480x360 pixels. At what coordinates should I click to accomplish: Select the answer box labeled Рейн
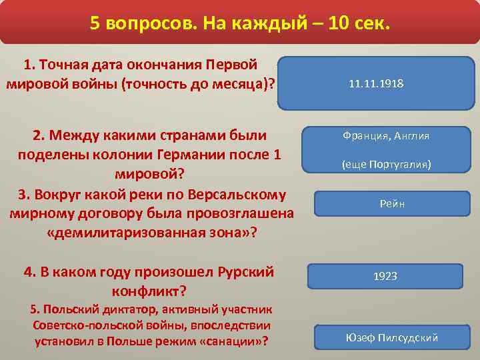(x=388, y=203)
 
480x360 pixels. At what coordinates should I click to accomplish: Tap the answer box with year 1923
(x=386, y=276)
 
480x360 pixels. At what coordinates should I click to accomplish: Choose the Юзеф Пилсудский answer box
(x=391, y=337)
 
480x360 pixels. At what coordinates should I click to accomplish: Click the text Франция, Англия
(x=386, y=136)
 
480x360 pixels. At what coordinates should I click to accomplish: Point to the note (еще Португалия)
(x=386, y=164)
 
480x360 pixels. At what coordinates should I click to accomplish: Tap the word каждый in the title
(x=285, y=24)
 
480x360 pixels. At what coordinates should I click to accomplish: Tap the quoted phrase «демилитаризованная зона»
(x=151, y=234)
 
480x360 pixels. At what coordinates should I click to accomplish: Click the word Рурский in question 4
(x=246, y=273)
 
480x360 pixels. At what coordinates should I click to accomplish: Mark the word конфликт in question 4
(x=146, y=292)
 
